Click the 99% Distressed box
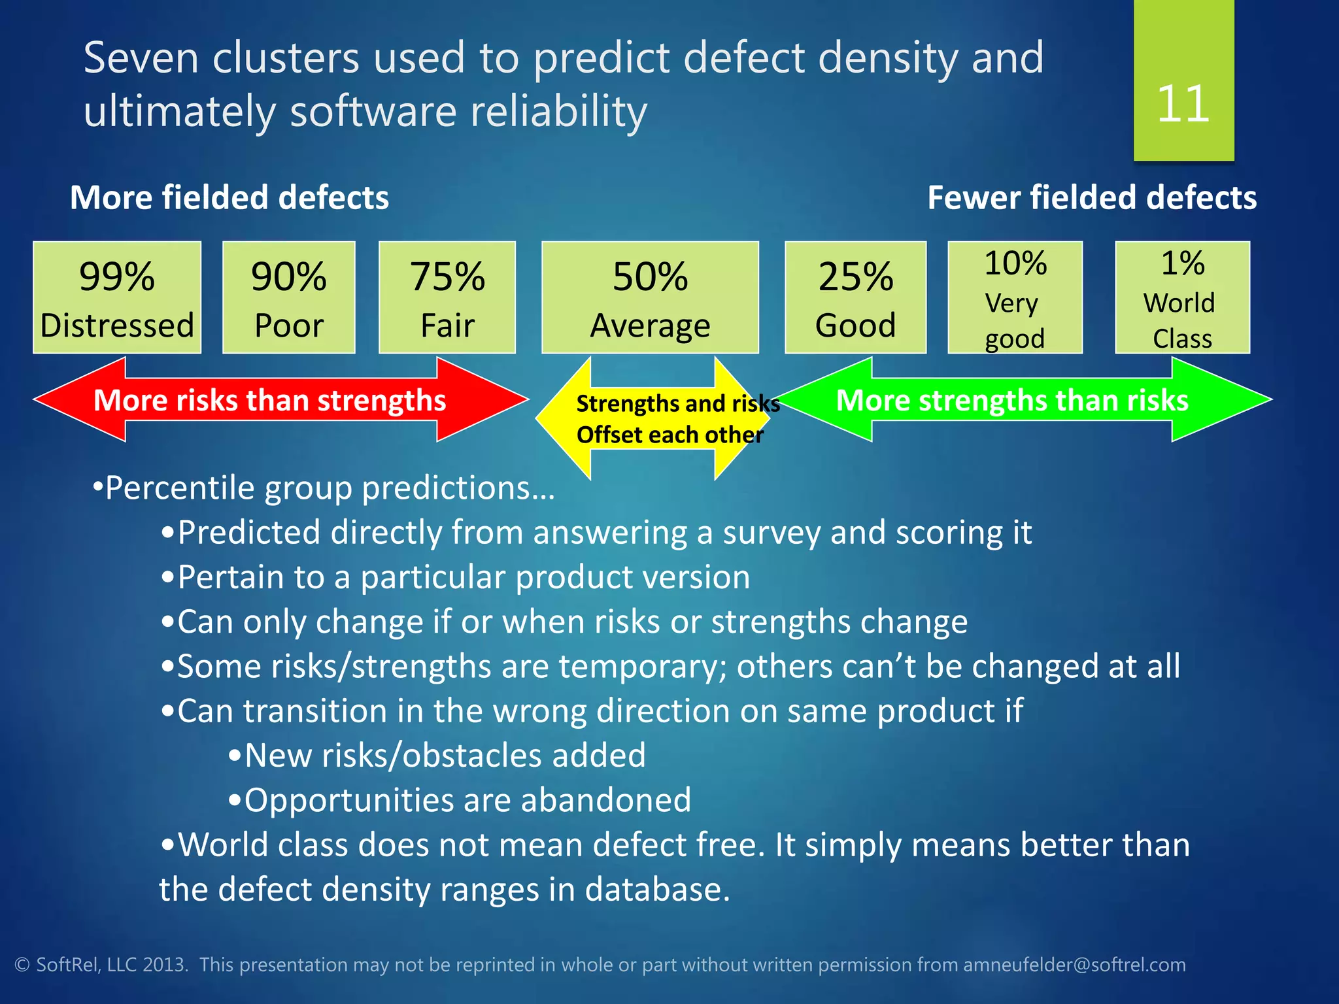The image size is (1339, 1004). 117,298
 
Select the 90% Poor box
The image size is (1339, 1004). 289,298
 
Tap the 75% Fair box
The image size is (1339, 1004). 447,298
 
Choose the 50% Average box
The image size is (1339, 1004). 650,298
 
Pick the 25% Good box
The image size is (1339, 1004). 855,298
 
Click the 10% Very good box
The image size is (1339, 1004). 1015,298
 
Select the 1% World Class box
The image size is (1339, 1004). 1182,298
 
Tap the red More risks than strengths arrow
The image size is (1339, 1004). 269,400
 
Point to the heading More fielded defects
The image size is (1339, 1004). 229,197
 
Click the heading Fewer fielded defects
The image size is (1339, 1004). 1092,197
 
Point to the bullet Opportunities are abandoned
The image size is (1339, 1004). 467,800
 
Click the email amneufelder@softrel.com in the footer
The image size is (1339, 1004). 1074,965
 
